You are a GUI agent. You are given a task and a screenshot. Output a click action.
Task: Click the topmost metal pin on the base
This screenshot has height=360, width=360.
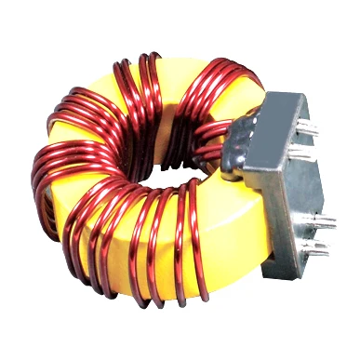pos(307,130)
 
